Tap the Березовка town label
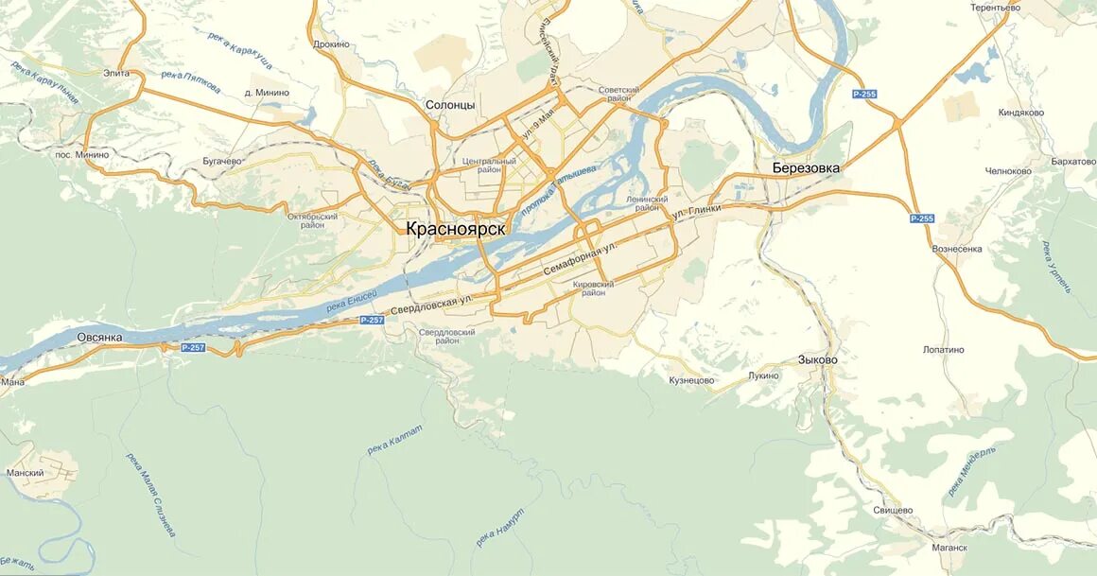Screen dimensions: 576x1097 tap(806, 168)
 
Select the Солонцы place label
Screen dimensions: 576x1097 tap(450, 105)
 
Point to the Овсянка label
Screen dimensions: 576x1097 tap(99, 337)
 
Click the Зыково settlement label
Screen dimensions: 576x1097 tap(817, 359)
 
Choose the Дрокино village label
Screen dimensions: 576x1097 tap(331, 44)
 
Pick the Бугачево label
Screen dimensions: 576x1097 tap(222, 162)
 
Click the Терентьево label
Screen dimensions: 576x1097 tap(996, 8)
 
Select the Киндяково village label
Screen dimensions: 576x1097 tap(1021, 113)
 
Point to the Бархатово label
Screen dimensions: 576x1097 tap(1072, 162)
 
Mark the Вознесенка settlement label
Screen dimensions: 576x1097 tap(957, 249)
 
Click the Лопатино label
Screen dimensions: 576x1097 tap(944, 350)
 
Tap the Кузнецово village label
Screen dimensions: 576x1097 tap(691, 380)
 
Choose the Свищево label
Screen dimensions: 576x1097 tap(893, 510)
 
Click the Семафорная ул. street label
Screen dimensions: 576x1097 tap(579, 257)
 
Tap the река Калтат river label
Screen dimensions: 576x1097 tap(394, 439)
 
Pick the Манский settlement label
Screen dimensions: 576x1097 tap(25, 472)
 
